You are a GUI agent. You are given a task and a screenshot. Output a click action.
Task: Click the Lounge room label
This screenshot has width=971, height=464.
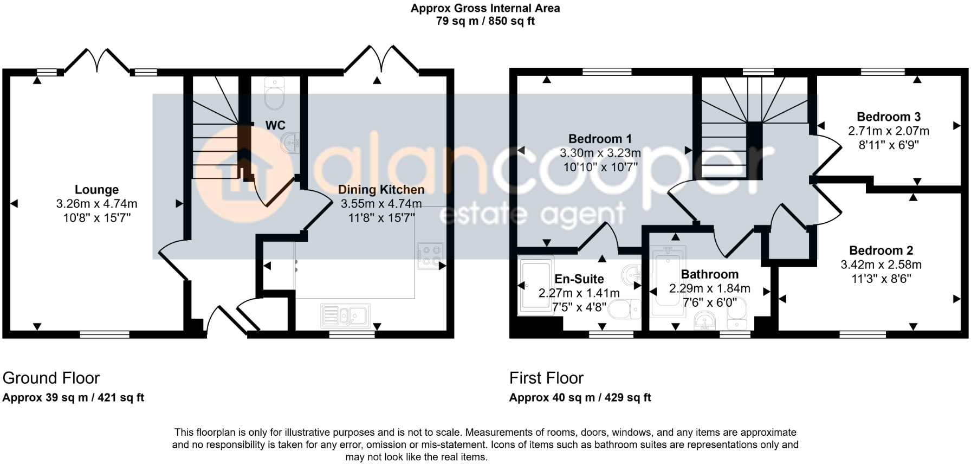coord(96,190)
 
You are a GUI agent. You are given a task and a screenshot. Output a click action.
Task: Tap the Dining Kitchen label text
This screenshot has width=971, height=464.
coord(381,190)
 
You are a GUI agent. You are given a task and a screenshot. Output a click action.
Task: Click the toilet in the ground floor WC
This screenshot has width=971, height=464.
coord(274,93)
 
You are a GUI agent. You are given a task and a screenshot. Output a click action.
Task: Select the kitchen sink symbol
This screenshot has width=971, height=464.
coord(345,316)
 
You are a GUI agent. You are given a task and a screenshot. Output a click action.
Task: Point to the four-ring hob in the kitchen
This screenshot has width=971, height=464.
coord(430,256)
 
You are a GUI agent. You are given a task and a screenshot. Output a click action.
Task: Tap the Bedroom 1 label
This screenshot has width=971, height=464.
coord(600,139)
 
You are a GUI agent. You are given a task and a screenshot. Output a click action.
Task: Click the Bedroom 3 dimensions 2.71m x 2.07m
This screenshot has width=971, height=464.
coord(888,131)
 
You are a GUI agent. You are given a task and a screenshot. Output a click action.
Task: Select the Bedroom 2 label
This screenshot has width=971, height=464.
coord(881,250)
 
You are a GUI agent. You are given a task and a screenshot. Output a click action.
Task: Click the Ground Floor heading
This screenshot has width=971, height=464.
coord(51,378)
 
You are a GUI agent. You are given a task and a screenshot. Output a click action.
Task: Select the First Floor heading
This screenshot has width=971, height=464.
coord(546,378)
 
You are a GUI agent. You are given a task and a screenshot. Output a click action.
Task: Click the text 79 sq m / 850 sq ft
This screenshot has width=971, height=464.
coord(485,22)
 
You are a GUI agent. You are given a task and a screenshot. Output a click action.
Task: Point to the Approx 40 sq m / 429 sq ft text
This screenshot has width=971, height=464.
coord(580,397)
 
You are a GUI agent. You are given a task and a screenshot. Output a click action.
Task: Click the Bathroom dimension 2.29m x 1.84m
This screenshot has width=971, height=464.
coord(709,288)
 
